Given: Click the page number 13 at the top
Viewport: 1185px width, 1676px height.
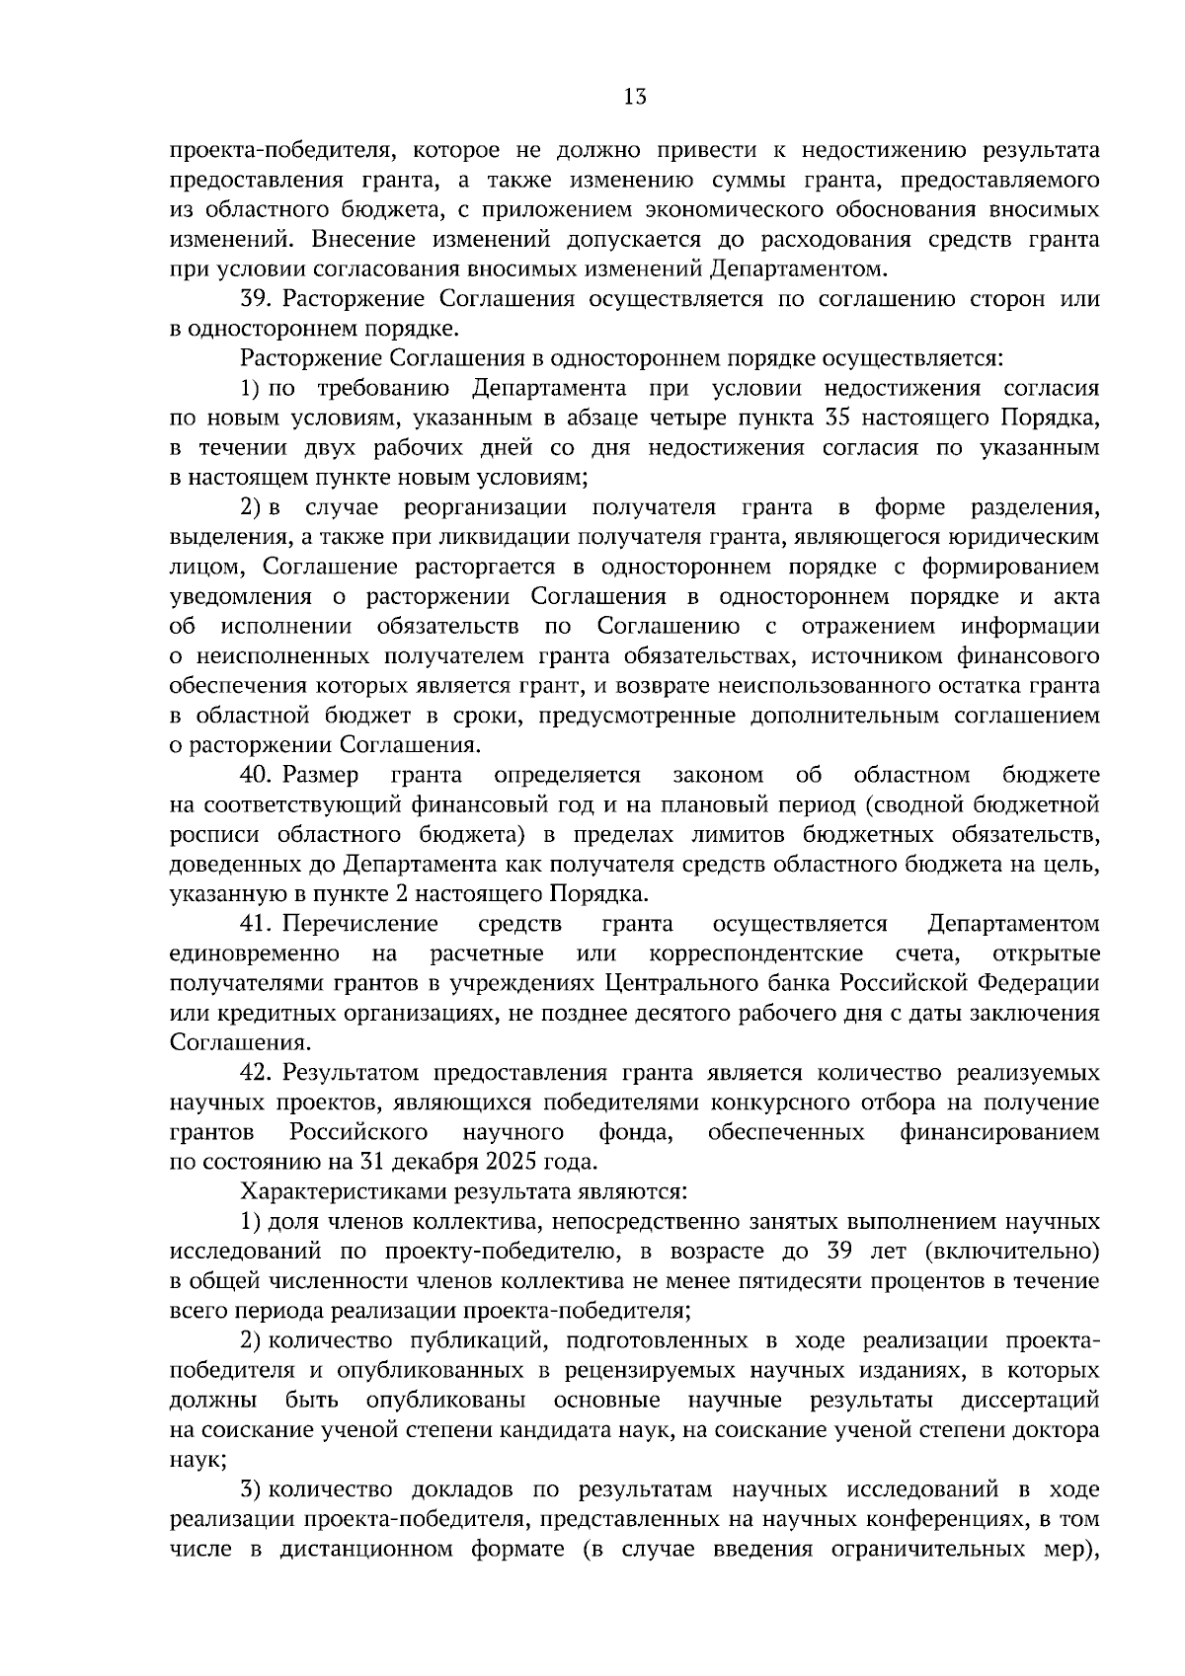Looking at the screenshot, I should (635, 97).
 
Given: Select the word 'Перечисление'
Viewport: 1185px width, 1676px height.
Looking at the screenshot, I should (360, 924).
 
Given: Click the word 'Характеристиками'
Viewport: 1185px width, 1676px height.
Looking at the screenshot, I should (337, 1191).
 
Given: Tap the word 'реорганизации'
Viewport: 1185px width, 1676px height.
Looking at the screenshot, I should (485, 507).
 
